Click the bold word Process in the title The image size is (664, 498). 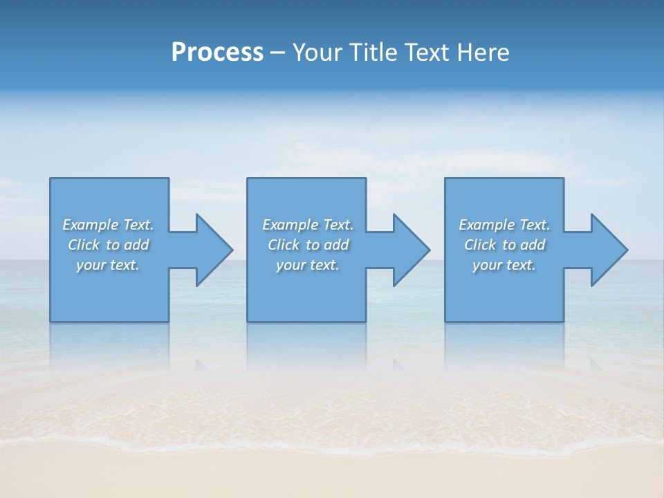tap(217, 53)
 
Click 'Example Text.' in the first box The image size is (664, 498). tap(108, 225)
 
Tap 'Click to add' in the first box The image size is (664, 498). tap(108, 245)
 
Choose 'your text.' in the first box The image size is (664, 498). tap(108, 265)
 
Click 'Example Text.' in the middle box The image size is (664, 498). tap(308, 225)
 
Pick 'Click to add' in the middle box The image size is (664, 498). tap(308, 245)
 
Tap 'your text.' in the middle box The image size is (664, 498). tap(308, 265)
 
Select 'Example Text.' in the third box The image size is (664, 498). tap(504, 225)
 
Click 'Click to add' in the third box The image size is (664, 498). tap(504, 245)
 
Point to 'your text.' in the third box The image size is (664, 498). tap(504, 265)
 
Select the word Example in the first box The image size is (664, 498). tap(91, 225)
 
